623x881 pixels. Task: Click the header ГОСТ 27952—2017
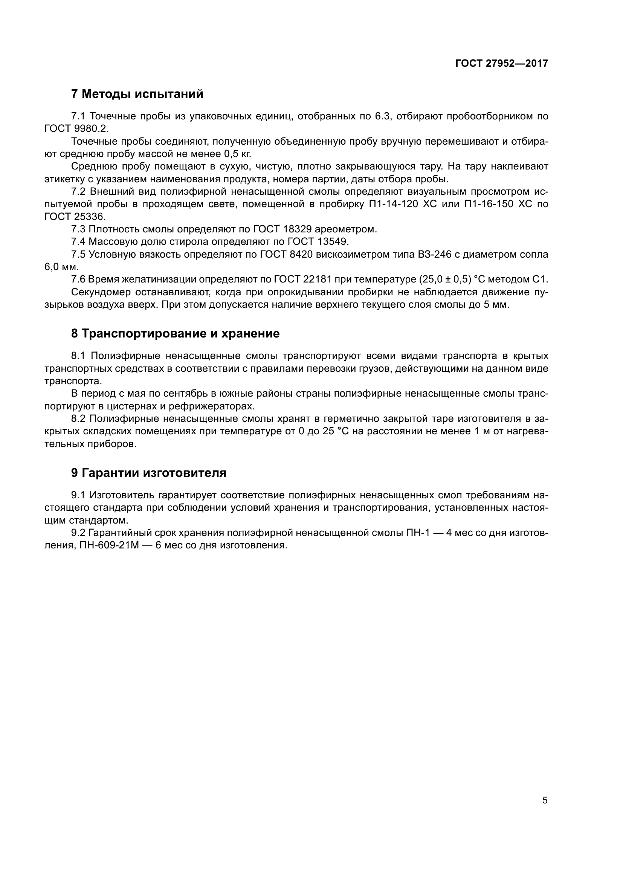(x=502, y=63)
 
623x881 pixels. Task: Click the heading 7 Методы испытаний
(x=137, y=94)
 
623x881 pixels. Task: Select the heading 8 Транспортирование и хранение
(x=175, y=333)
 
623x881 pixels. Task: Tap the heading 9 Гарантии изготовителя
(x=148, y=473)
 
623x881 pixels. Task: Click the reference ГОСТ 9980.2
(x=77, y=128)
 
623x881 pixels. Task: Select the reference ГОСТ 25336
(x=75, y=217)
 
